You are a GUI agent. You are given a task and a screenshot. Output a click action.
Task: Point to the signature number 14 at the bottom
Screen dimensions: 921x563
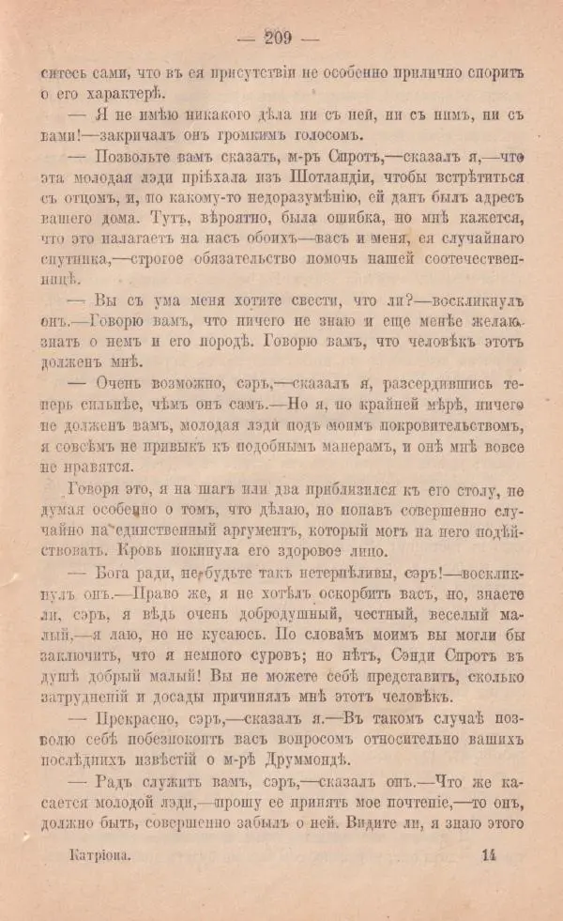point(489,883)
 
